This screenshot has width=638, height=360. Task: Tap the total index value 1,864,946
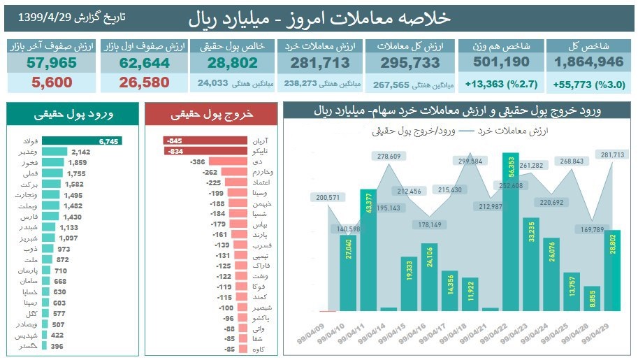tap(588, 62)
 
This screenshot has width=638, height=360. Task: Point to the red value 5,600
tap(50, 82)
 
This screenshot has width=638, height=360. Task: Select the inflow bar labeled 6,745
tap(82, 141)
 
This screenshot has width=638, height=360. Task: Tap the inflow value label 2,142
tap(81, 152)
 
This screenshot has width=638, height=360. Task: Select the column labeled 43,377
tap(368, 250)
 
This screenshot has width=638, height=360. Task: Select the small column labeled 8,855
tap(592, 297)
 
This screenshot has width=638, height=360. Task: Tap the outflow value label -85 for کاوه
tap(228, 350)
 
